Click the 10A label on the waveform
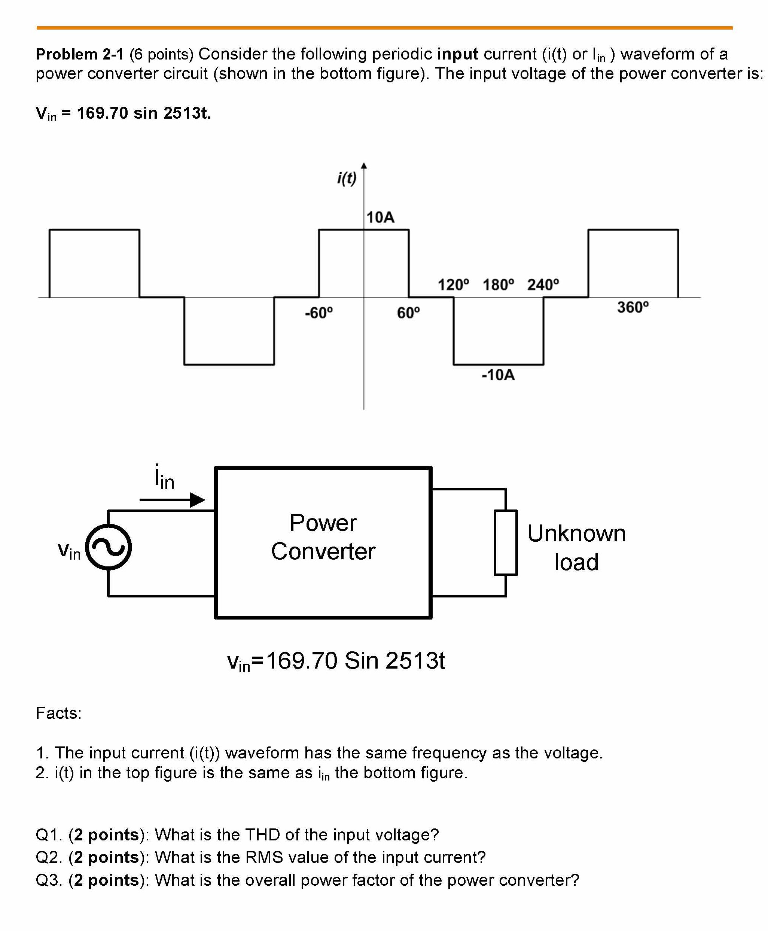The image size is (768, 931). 380,217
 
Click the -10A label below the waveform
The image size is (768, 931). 498,375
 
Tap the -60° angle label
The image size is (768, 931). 319,313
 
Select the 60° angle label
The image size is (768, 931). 408,313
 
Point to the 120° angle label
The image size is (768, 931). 453,285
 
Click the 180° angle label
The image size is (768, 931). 498,285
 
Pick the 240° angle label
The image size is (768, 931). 543,285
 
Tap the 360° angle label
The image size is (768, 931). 633,307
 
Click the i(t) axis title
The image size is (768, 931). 347,178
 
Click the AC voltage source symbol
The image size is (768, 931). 109,547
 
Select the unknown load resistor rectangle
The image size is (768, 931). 506,542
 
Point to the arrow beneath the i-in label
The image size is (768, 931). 173,500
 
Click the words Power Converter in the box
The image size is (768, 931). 323,537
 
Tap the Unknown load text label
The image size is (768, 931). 576,548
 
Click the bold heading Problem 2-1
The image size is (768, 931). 80,54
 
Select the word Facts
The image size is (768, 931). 58,713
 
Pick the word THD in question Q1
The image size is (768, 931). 262,834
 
